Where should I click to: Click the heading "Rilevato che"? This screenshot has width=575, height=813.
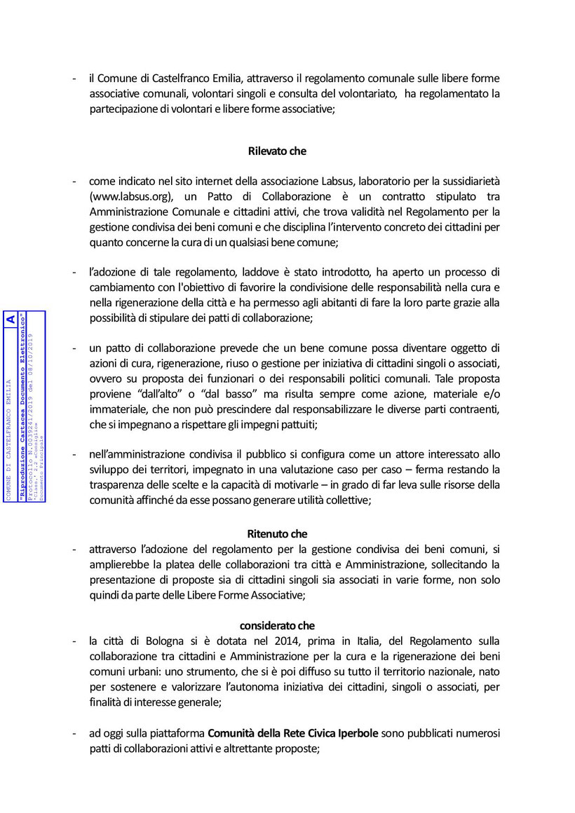pos(277,151)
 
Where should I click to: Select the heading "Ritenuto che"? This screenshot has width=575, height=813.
pos(277,534)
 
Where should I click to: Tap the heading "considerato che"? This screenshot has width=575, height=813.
pos(277,625)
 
